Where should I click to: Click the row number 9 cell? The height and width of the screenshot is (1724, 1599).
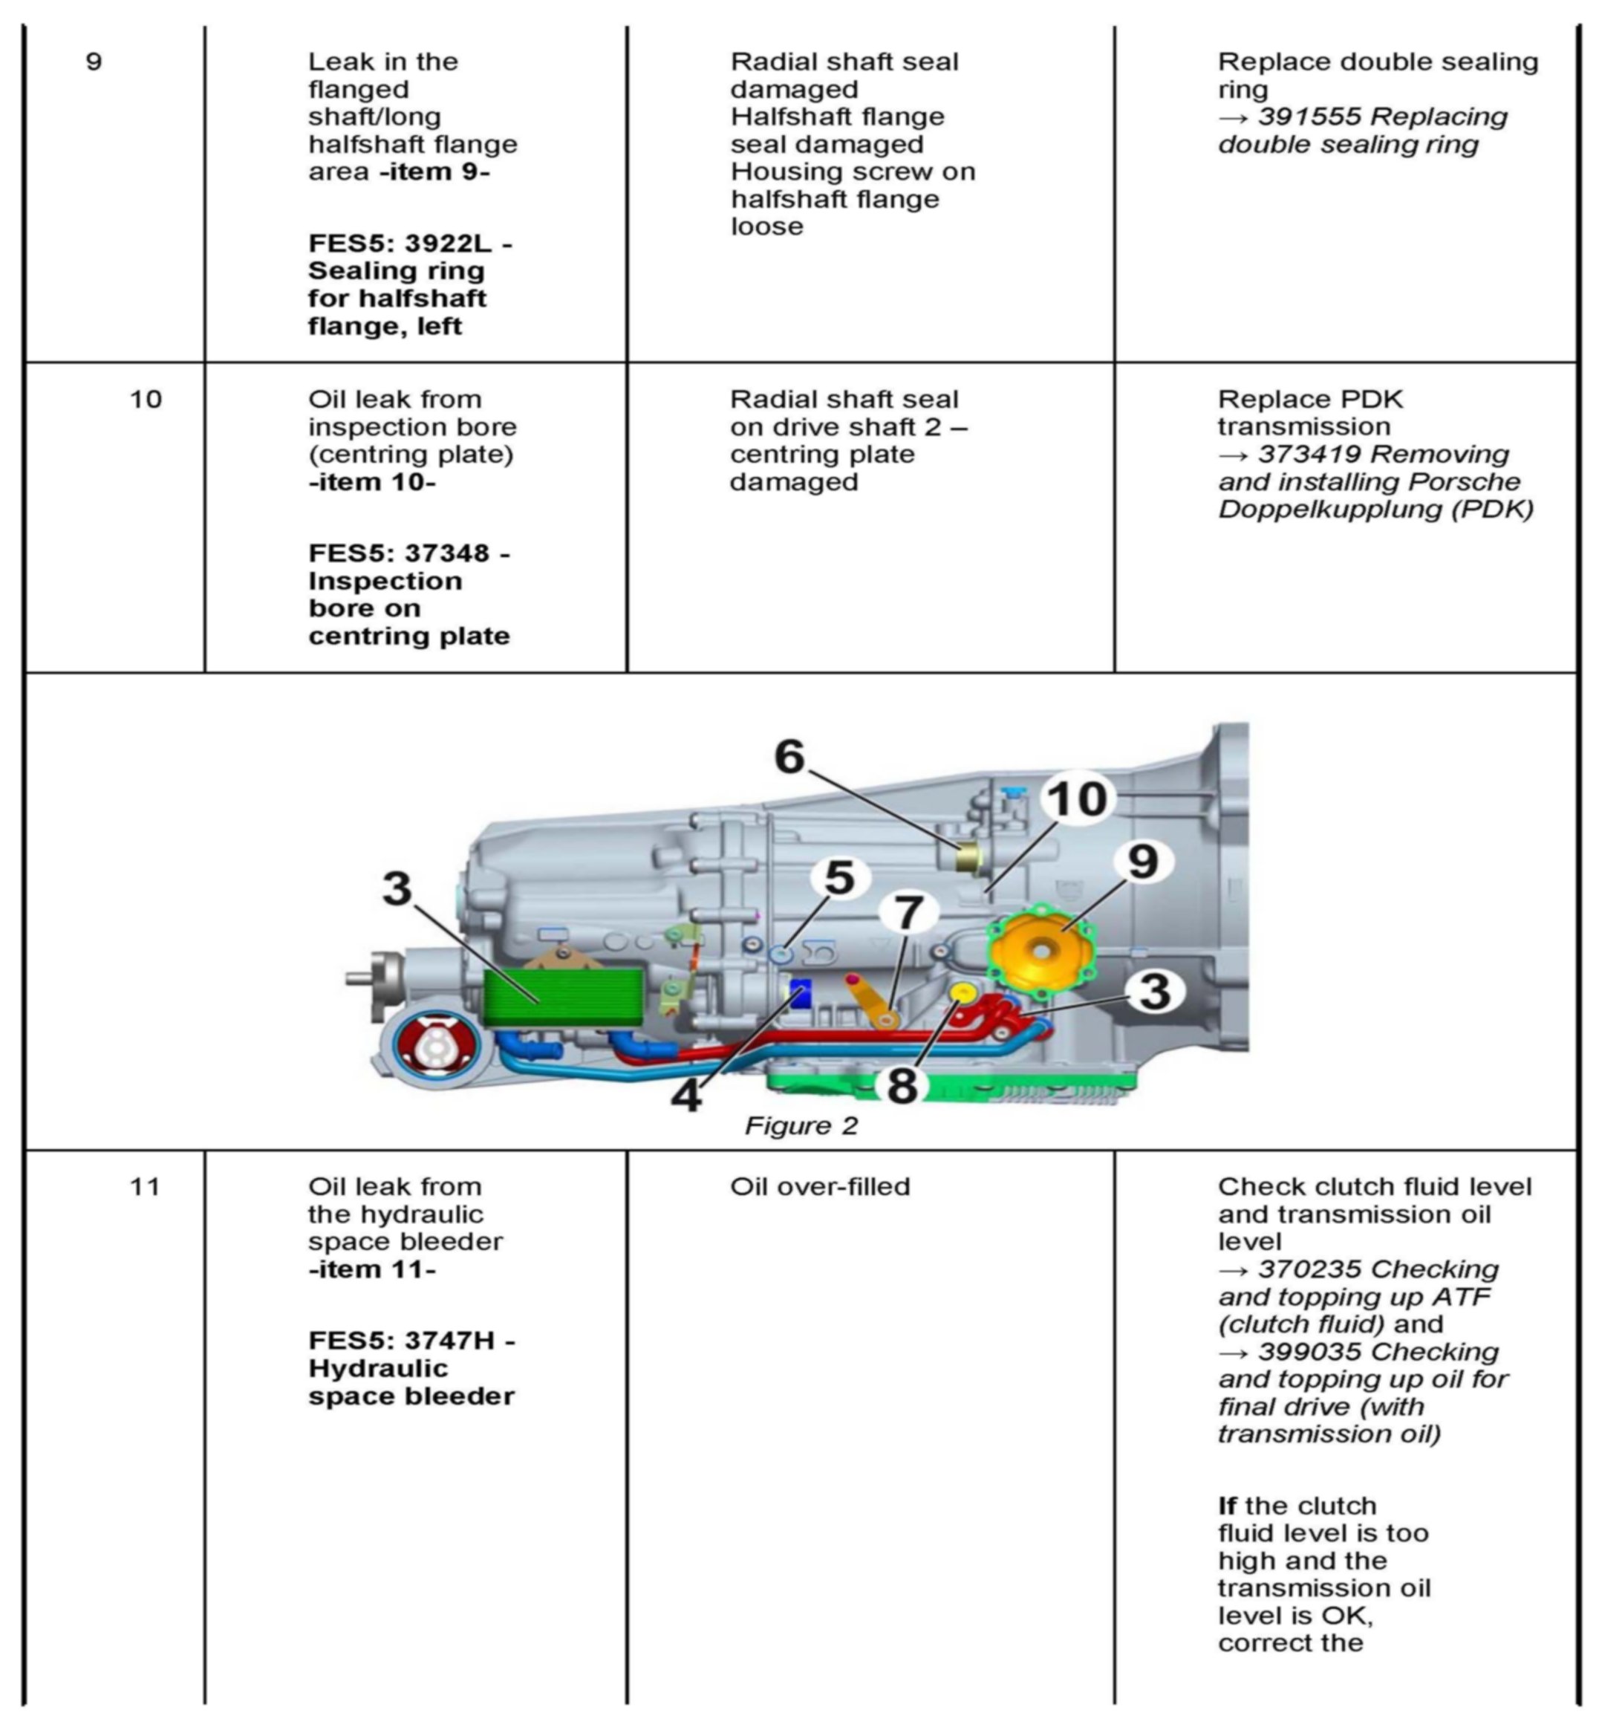[94, 62]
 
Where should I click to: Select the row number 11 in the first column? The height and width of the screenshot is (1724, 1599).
[146, 1185]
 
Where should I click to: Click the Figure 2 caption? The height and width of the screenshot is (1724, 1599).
[801, 1125]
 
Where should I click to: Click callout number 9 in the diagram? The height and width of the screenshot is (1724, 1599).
[1143, 861]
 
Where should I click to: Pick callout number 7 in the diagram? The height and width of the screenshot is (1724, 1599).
[908, 912]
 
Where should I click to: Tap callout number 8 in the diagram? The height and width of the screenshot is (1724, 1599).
[902, 1085]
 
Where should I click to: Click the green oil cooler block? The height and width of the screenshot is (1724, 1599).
[562, 997]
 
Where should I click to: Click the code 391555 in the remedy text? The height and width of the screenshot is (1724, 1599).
[1309, 117]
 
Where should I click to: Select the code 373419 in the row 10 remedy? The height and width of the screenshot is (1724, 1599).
[1309, 455]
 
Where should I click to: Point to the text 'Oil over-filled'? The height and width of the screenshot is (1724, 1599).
[820, 1185]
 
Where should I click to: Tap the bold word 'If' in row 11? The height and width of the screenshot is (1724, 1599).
[1227, 1506]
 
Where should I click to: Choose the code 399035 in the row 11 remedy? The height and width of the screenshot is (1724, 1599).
[1309, 1352]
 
